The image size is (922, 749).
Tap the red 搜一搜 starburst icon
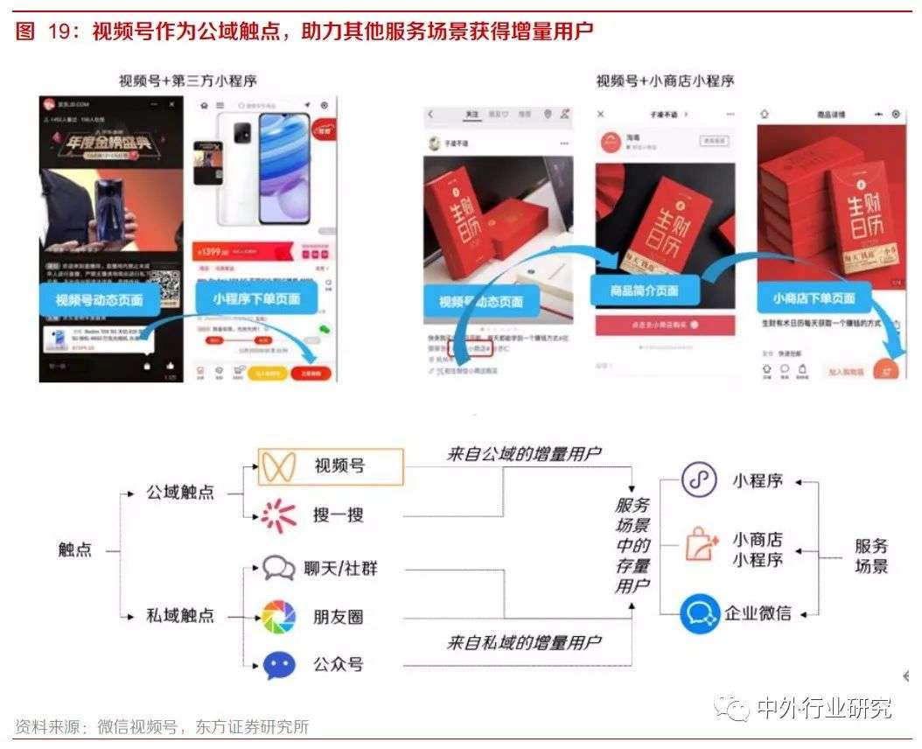click(278, 515)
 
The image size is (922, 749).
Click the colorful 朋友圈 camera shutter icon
click(278, 617)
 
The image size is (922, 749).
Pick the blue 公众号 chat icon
click(278, 665)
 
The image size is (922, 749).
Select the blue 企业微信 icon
click(700, 612)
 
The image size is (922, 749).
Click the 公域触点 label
click(180, 492)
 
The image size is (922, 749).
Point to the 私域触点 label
click(180, 616)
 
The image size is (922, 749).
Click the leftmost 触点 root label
click(75, 551)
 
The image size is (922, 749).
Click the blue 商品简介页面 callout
click(646, 290)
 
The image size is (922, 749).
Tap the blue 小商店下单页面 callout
click(814, 298)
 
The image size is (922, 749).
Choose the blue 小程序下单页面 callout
click(256, 298)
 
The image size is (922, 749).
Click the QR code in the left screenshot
click(164, 287)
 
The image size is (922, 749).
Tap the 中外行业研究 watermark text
click(824, 707)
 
